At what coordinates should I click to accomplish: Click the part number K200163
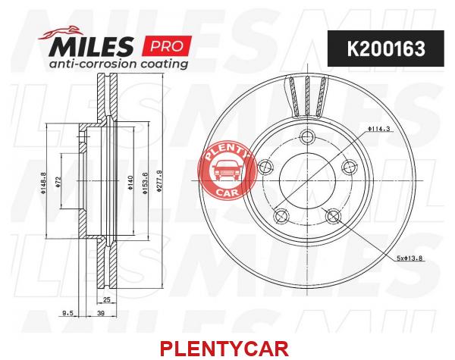coord(386,49)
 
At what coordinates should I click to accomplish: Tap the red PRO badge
coord(167,45)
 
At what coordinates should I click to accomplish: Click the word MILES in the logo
coord(91,46)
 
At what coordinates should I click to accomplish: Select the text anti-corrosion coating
coord(118,64)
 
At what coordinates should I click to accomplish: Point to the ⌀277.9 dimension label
coord(158,181)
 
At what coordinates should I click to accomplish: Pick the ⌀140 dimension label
coord(130,182)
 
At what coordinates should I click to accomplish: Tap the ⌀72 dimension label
coord(58,182)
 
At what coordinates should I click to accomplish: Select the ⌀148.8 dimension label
coord(43,183)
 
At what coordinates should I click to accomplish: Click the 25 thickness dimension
coord(107,299)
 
